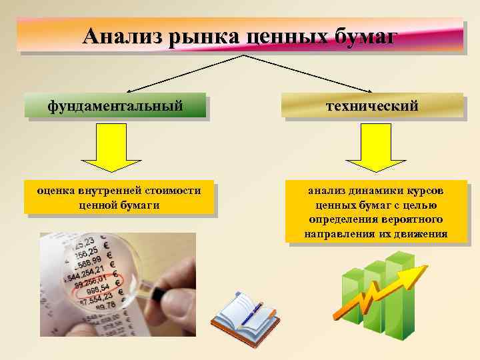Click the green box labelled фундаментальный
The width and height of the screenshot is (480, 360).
tap(115, 105)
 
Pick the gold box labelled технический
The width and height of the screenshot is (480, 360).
tap(372, 105)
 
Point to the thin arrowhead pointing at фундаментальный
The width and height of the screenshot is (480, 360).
tap(129, 90)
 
